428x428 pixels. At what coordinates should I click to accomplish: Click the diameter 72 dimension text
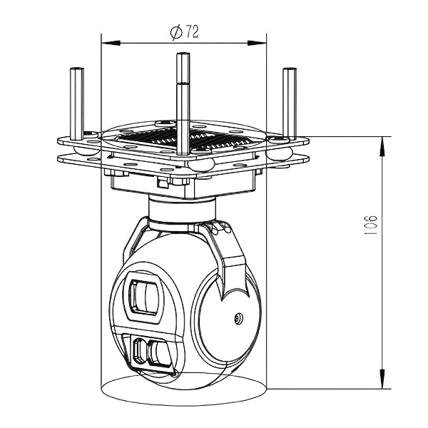click(x=184, y=33)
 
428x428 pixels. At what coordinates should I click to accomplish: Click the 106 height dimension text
click(x=371, y=225)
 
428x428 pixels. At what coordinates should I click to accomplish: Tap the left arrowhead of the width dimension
click(x=111, y=43)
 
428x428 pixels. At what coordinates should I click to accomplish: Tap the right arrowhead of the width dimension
click(x=257, y=43)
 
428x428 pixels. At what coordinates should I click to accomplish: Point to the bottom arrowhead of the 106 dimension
click(x=382, y=379)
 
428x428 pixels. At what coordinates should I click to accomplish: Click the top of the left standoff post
click(x=77, y=68)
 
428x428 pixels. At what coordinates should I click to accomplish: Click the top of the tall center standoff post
click(x=183, y=54)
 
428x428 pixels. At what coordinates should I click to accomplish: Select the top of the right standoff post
click(x=290, y=69)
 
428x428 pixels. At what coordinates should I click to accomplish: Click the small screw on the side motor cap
click(x=238, y=318)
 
